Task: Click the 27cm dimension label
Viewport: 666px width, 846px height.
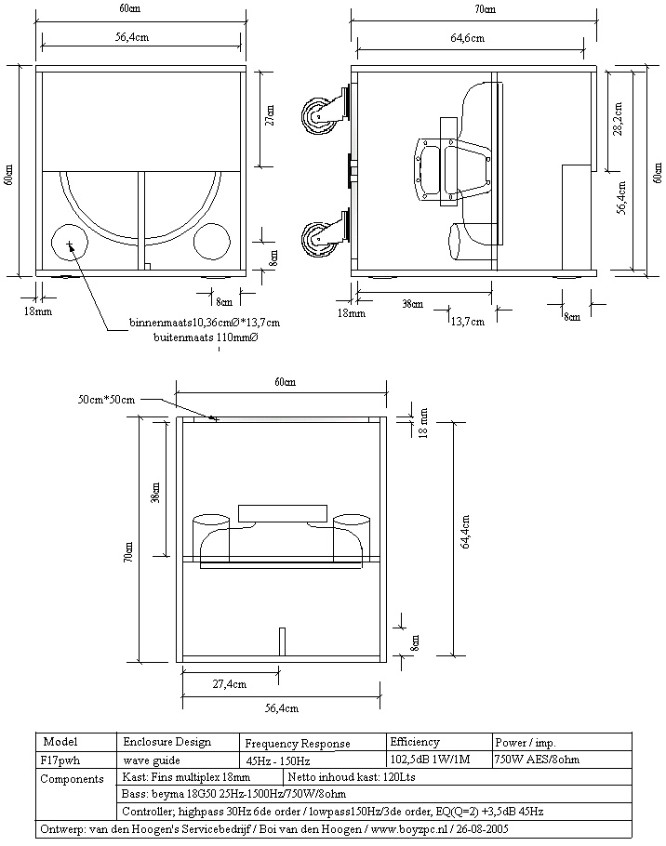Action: tap(270, 115)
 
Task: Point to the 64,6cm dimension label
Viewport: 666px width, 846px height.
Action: tap(467, 38)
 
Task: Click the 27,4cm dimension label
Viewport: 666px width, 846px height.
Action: tap(230, 684)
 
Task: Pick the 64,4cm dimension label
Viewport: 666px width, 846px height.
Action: tap(465, 532)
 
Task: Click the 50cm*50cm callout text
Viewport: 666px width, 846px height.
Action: tap(106, 400)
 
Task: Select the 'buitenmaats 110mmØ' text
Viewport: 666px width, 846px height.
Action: tap(206, 337)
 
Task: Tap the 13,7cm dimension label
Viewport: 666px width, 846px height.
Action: tap(467, 322)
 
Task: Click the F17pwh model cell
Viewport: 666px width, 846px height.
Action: tap(60, 760)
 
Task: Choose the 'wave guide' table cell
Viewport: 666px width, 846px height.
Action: tap(152, 760)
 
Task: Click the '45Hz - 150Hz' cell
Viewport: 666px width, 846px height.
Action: tap(277, 761)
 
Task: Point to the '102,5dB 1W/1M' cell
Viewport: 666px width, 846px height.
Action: tap(430, 760)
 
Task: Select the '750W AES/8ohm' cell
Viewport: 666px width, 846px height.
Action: tap(537, 760)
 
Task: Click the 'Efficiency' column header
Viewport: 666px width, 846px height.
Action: tap(415, 742)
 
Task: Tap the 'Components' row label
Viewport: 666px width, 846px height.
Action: tap(72, 779)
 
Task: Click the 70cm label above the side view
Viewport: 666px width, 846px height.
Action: tap(485, 9)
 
